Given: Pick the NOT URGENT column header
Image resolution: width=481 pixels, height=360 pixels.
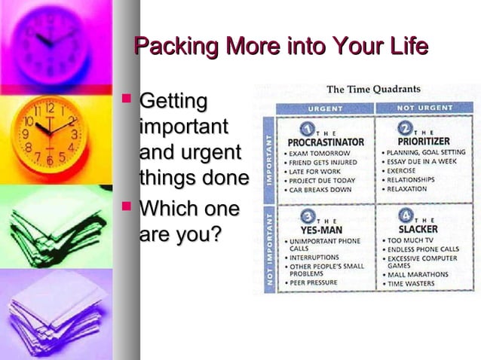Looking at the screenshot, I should tap(424, 108).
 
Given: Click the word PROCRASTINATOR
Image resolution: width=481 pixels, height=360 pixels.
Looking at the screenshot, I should tap(325, 142).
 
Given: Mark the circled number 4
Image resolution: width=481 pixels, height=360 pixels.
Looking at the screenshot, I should tap(406, 215).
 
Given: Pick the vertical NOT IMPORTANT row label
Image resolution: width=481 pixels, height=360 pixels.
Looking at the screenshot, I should tap(269, 248).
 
